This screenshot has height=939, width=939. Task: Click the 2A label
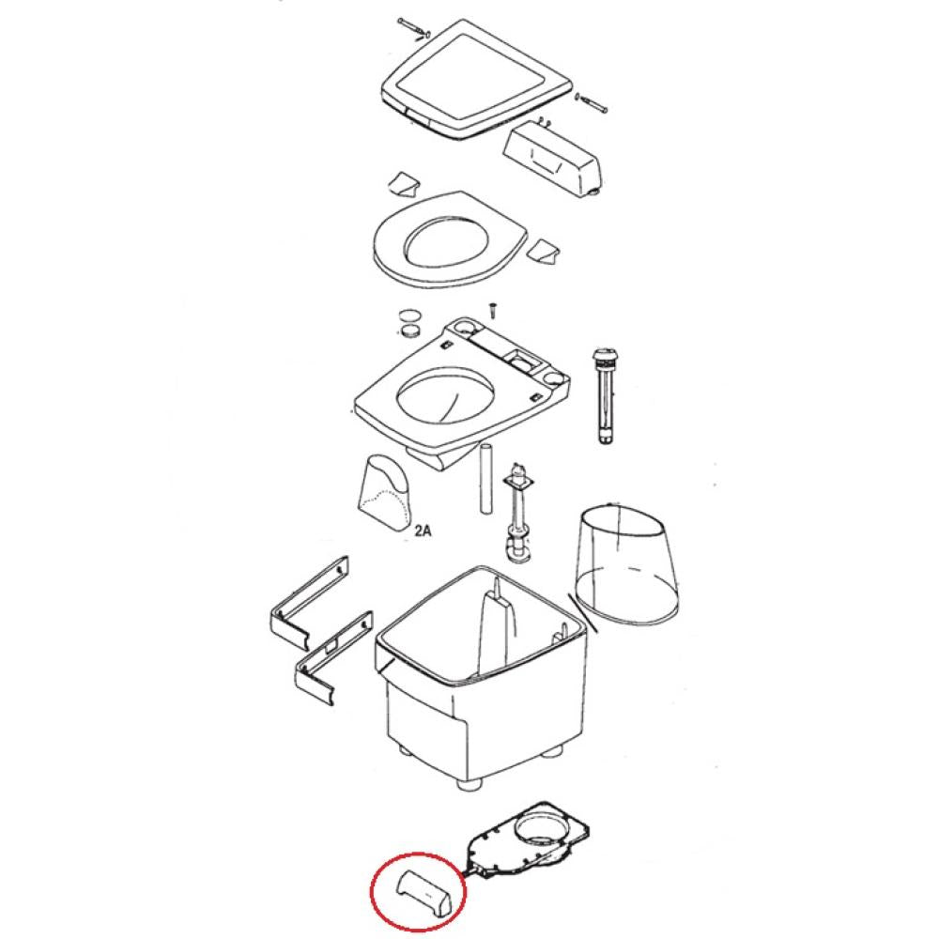(x=423, y=531)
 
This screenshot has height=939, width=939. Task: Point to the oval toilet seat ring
(x=447, y=239)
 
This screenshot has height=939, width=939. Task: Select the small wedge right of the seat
(x=546, y=250)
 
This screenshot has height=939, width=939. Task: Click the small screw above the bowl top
(x=493, y=311)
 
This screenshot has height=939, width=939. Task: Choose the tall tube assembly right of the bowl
(x=603, y=395)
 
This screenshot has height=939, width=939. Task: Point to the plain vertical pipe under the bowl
(x=485, y=478)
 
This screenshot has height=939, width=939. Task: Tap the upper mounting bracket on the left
(x=309, y=606)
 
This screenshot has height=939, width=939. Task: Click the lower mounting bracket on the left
(x=333, y=659)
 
